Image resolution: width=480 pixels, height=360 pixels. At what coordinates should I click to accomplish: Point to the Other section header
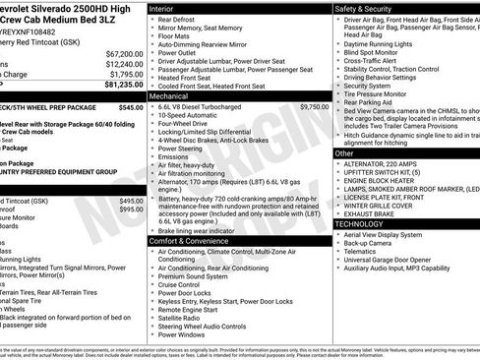coord(344,153)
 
